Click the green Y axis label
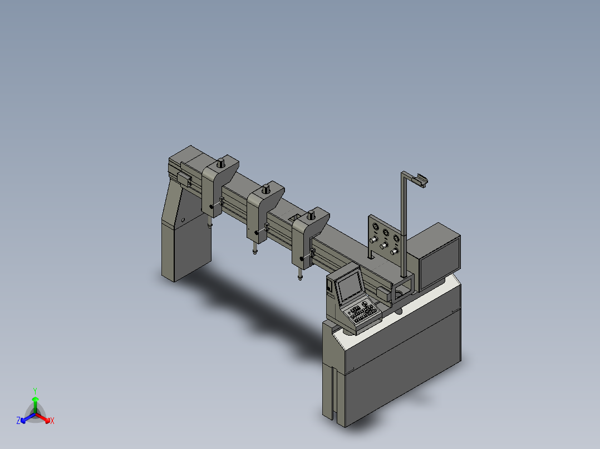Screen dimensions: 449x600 (x=35, y=391)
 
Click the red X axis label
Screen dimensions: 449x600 (x=52, y=421)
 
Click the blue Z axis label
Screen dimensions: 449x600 (x=18, y=421)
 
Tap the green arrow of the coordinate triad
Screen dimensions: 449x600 (x=35, y=402)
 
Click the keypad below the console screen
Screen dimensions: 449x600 (x=363, y=313)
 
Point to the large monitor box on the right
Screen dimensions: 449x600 (x=439, y=257)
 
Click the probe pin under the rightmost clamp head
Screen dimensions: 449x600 (x=299, y=274)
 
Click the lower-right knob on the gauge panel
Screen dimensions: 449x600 (x=394, y=252)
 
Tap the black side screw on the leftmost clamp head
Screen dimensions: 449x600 (x=212, y=207)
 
